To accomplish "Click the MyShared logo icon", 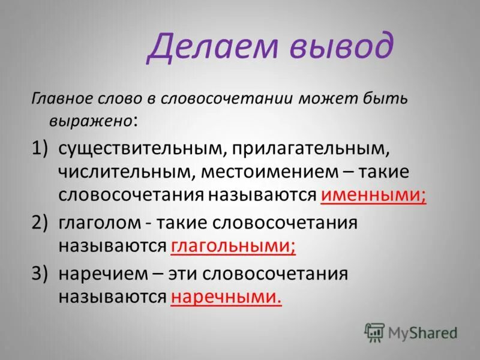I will tap(374, 332).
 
